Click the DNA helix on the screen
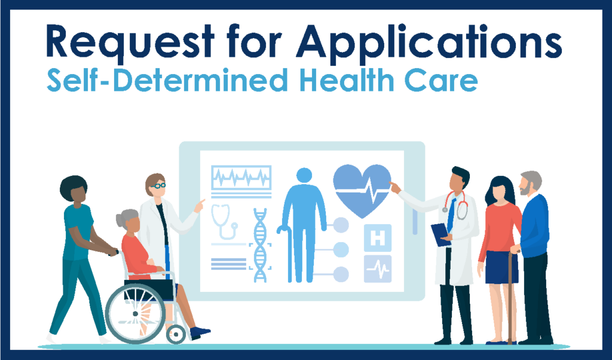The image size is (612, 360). pyautogui.click(x=261, y=245)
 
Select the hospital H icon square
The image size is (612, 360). pyautogui.click(x=378, y=237)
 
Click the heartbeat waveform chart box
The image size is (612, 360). pyautogui.click(x=241, y=177)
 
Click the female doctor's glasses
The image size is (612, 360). pyautogui.click(x=158, y=186)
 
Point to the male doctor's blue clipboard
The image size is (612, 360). pyautogui.click(x=440, y=233)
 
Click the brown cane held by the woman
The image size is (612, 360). pyautogui.click(x=509, y=299)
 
